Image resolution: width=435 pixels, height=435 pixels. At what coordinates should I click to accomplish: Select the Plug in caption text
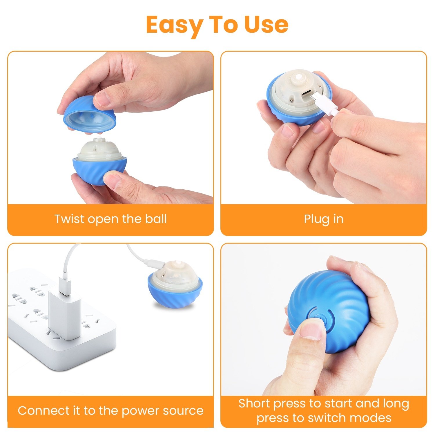(x=324, y=219)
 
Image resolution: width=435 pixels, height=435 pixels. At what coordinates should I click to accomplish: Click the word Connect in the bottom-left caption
(x=44, y=411)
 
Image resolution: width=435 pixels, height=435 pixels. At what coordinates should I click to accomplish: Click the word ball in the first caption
(x=156, y=219)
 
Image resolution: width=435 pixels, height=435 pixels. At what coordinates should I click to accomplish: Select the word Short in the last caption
(x=254, y=403)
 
